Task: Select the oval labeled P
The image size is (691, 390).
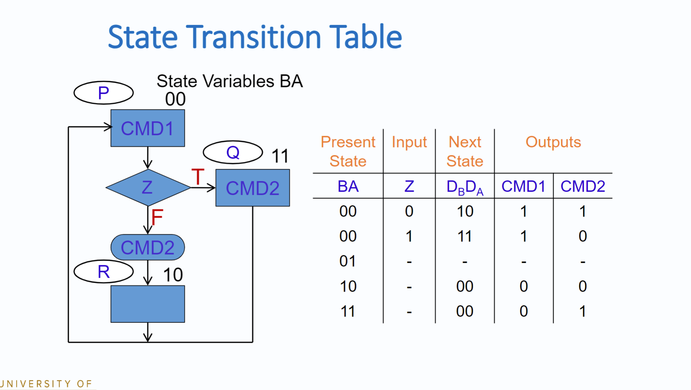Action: [x=103, y=93]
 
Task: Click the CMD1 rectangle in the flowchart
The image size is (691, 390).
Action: [x=148, y=128]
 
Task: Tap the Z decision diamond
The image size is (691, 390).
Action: [x=148, y=187]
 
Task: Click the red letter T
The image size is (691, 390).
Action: [x=198, y=177]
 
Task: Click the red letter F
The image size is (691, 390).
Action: [x=157, y=217]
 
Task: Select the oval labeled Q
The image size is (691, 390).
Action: [x=233, y=153]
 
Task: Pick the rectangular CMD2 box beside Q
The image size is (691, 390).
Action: [x=253, y=188]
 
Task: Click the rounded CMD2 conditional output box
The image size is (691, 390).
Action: [x=148, y=247]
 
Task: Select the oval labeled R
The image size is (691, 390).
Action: [x=103, y=272]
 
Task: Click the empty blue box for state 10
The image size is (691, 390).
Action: [x=148, y=304]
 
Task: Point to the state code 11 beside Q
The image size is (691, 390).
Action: [x=280, y=156]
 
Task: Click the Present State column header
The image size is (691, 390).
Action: [x=347, y=151]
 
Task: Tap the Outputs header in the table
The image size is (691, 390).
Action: [x=553, y=142]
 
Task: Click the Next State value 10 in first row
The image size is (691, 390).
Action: [x=464, y=212]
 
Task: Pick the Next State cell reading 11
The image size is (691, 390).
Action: [x=464, y=236]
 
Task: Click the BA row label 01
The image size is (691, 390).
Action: [x=347, y=261]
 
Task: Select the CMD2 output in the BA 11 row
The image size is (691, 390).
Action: [x=582, y=311]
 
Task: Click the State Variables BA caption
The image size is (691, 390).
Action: [x=229, y=81]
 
